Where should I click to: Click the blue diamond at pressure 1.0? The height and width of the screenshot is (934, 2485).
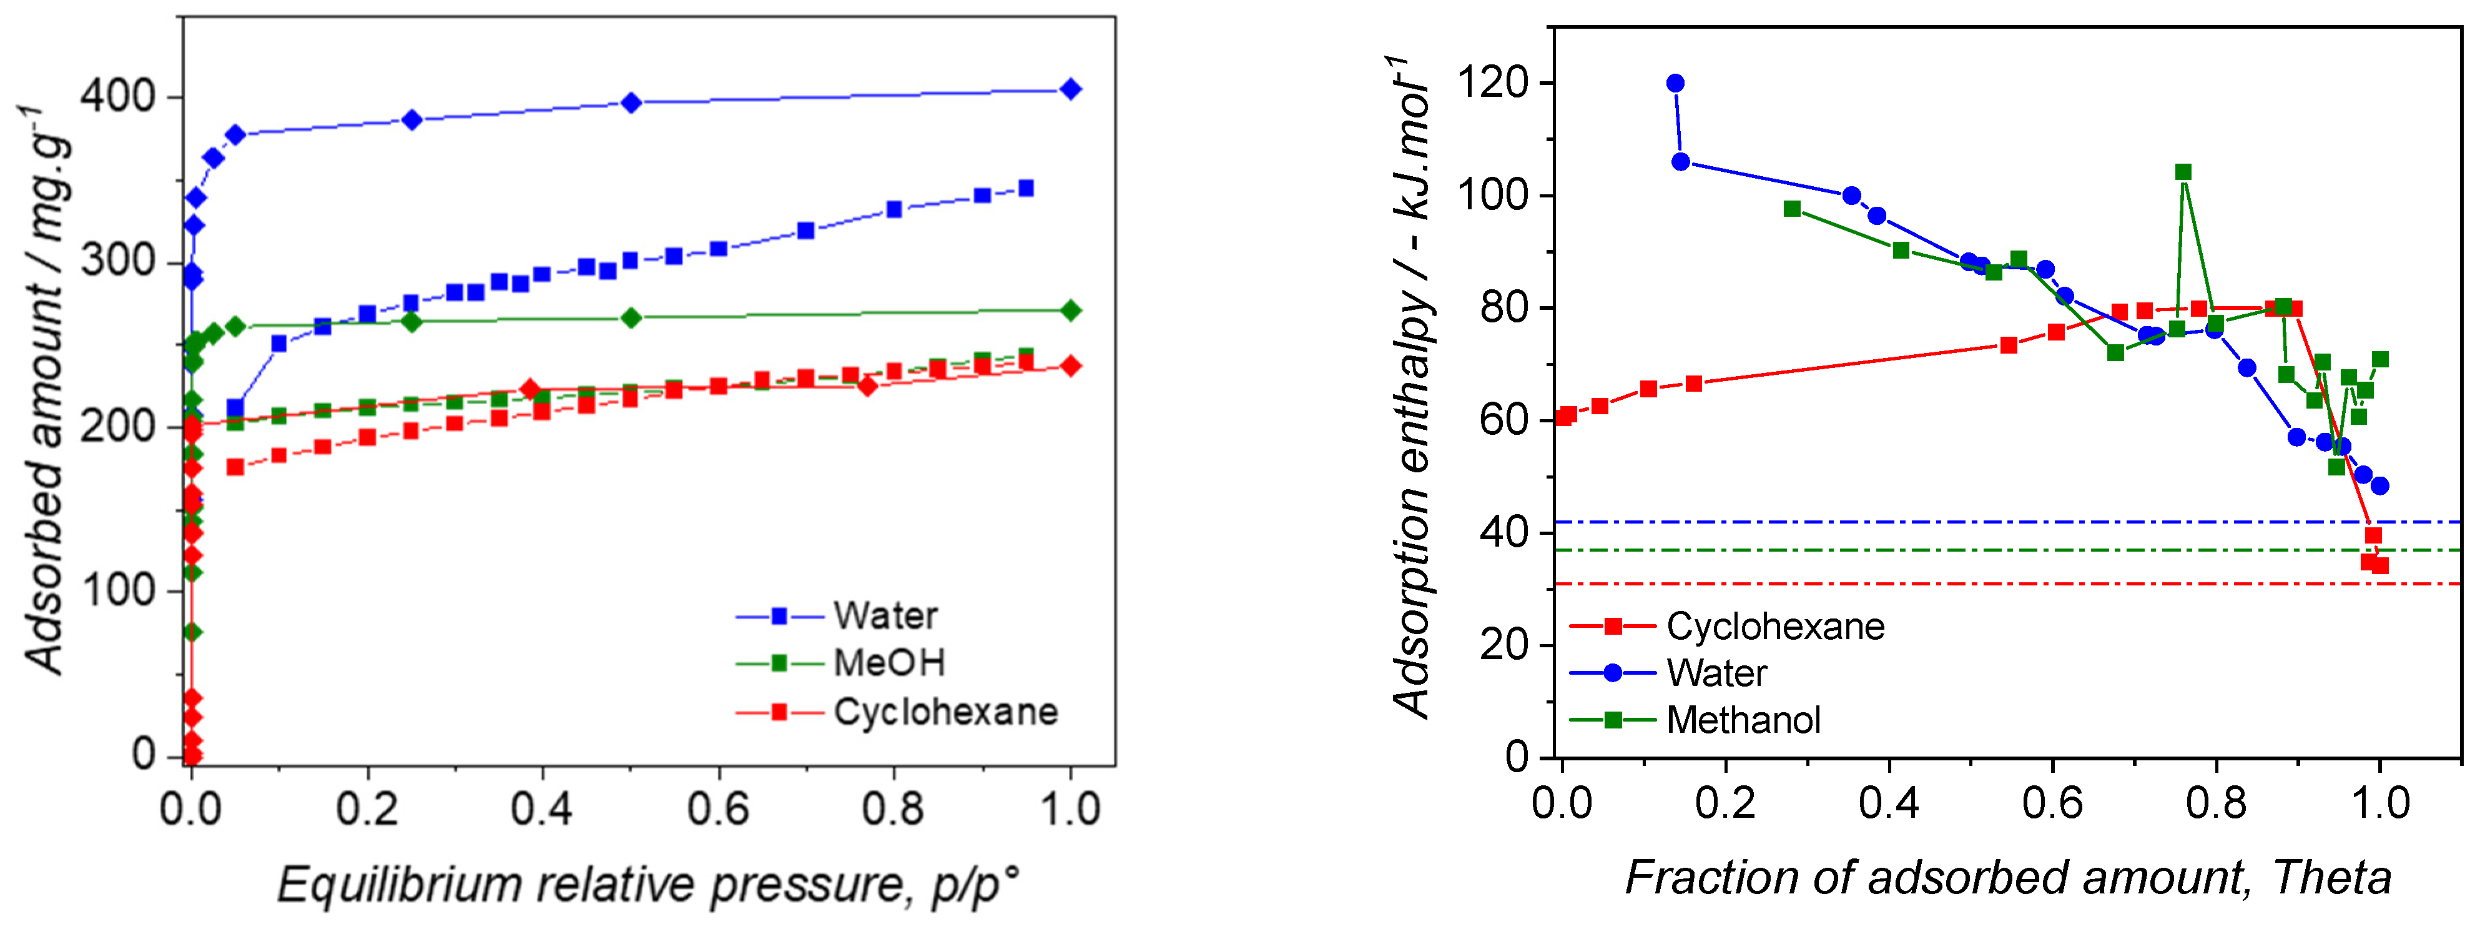(x=1069, y=90)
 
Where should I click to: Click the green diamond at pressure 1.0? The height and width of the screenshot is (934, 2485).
(x=1069, y=311)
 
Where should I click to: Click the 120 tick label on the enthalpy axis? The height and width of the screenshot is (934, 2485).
(x=1492, y=83)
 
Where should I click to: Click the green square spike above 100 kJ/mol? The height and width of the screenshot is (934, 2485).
(x=2183, y=172)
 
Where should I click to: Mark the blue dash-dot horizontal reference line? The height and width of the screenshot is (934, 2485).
(x=1929, y=522)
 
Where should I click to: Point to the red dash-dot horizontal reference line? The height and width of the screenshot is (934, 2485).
(x=1929, y=584)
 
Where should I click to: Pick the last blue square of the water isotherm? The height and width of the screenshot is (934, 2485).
(x=1025, y=188)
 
